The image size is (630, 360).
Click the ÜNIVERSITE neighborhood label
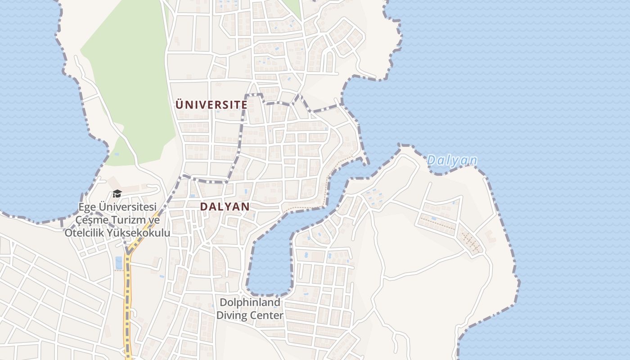tap(211, 105)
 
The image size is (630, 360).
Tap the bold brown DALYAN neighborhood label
tap(225, 207)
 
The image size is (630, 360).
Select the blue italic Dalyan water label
tap(452, 160)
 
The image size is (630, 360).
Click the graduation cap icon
tap(117, 194)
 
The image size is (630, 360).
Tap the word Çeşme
tap(90, 220)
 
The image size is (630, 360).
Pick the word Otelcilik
tap(84, 233)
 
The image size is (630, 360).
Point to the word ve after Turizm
tap(154, 220)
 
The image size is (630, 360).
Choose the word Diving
tap(231, 315)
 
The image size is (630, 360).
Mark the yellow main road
tap(128, 306)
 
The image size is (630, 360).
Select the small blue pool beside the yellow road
tap(119, 262)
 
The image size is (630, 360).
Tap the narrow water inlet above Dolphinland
tap(270, 261)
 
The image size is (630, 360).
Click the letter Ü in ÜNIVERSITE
tap(179, 104)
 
